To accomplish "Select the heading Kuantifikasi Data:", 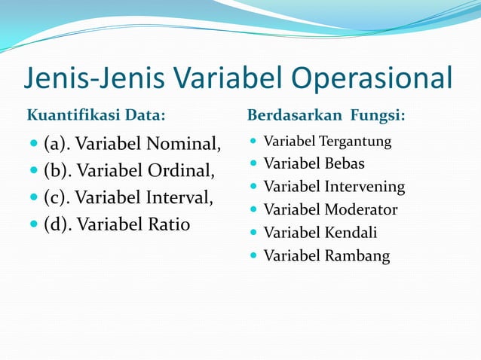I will [97, 116].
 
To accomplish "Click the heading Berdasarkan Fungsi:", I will [326, 116].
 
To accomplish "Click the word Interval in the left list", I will [180, 198].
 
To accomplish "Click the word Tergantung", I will [356, 142].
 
